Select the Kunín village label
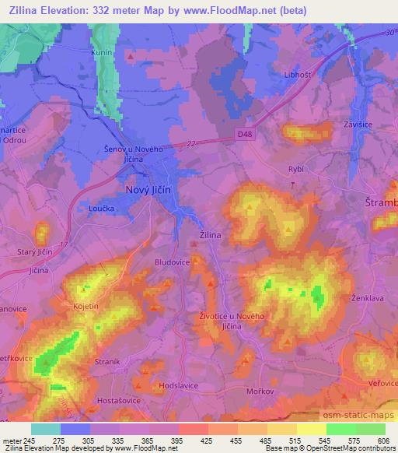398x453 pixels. (x=103, y=52)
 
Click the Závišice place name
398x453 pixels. (x=360, y=124)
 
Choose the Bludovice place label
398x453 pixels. (x=173, y=263)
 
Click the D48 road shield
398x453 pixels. (x=245, y=134)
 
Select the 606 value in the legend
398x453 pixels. (x=382, y=441)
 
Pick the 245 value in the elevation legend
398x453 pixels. (x=30, y=441)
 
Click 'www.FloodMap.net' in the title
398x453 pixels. (x=239, y=10)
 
